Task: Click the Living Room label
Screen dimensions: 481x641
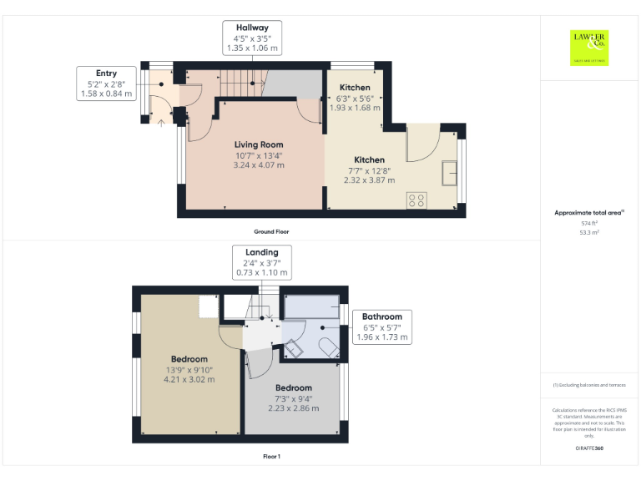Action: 259,144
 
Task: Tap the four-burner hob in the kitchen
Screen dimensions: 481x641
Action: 415,200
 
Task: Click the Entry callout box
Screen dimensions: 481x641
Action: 106,84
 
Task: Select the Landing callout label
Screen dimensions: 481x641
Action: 261,262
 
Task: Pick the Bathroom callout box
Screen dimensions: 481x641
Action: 381,327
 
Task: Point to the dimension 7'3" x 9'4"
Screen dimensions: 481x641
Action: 294,398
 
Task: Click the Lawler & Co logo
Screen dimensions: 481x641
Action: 589,47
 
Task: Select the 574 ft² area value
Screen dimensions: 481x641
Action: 589,223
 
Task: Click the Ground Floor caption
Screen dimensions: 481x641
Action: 272,231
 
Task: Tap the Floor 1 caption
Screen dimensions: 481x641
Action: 271,457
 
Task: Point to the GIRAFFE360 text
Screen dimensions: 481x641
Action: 589,449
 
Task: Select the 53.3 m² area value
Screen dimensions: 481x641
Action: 589,233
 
